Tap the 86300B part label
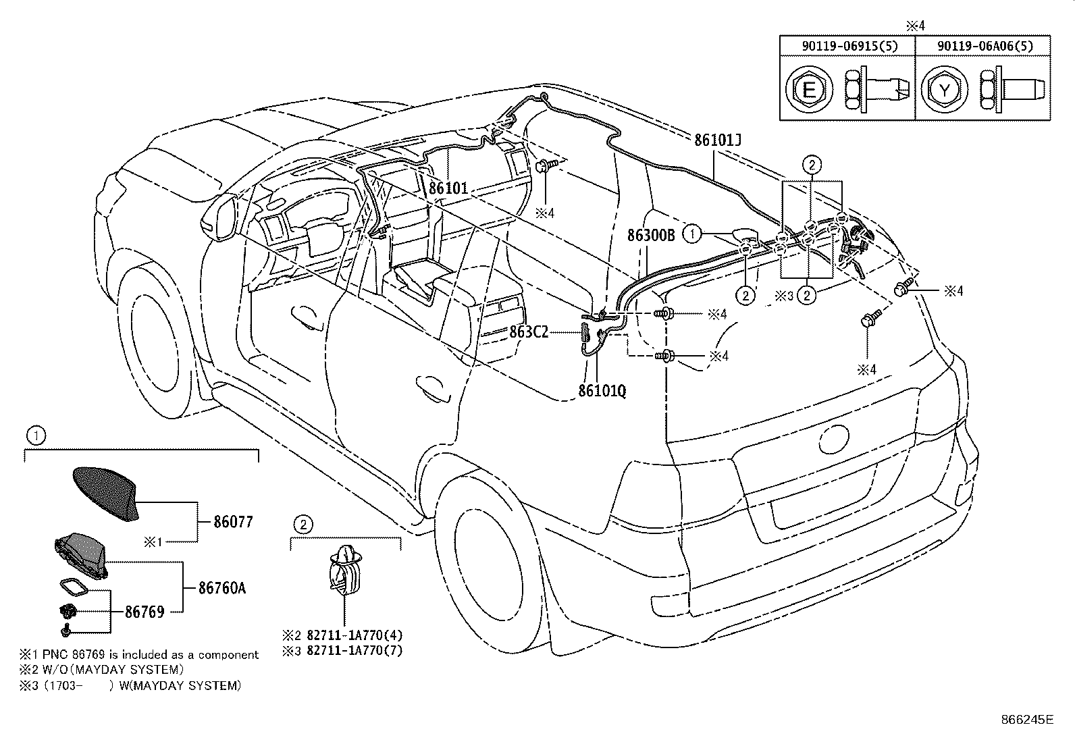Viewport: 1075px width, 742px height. tap(651, 235)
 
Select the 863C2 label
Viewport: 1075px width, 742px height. tap(529, 332)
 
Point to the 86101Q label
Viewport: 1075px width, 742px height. tap(602, 391)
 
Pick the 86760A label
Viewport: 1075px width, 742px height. tap(222, 588)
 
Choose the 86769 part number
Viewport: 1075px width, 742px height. tap(145, 612)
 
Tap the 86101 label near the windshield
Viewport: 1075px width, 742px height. tap(448, 188)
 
